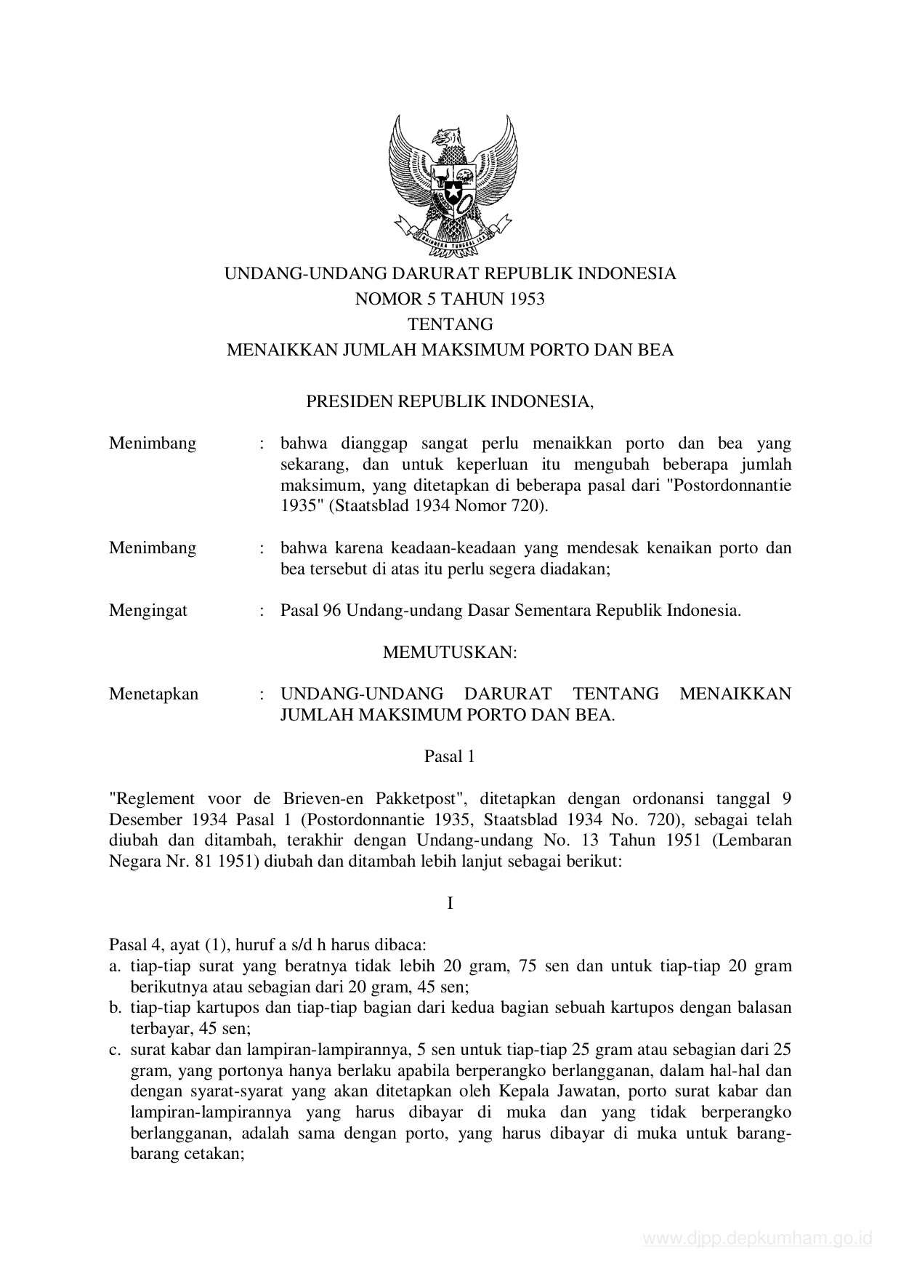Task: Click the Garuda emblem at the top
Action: [x=451, y=185]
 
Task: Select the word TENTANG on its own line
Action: [x=450, y=324]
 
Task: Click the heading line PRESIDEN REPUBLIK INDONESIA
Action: [x=450, y=401]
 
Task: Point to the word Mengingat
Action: [x=148, y=610]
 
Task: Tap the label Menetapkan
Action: [x=153, y=694]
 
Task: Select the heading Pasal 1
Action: [x=450, y=756]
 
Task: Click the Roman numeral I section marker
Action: [x=450, y=904]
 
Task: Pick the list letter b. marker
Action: [x=114, y=1008]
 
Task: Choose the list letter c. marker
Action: [x=114, y=1050]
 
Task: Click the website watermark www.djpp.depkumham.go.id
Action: [x=757, y=1238]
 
